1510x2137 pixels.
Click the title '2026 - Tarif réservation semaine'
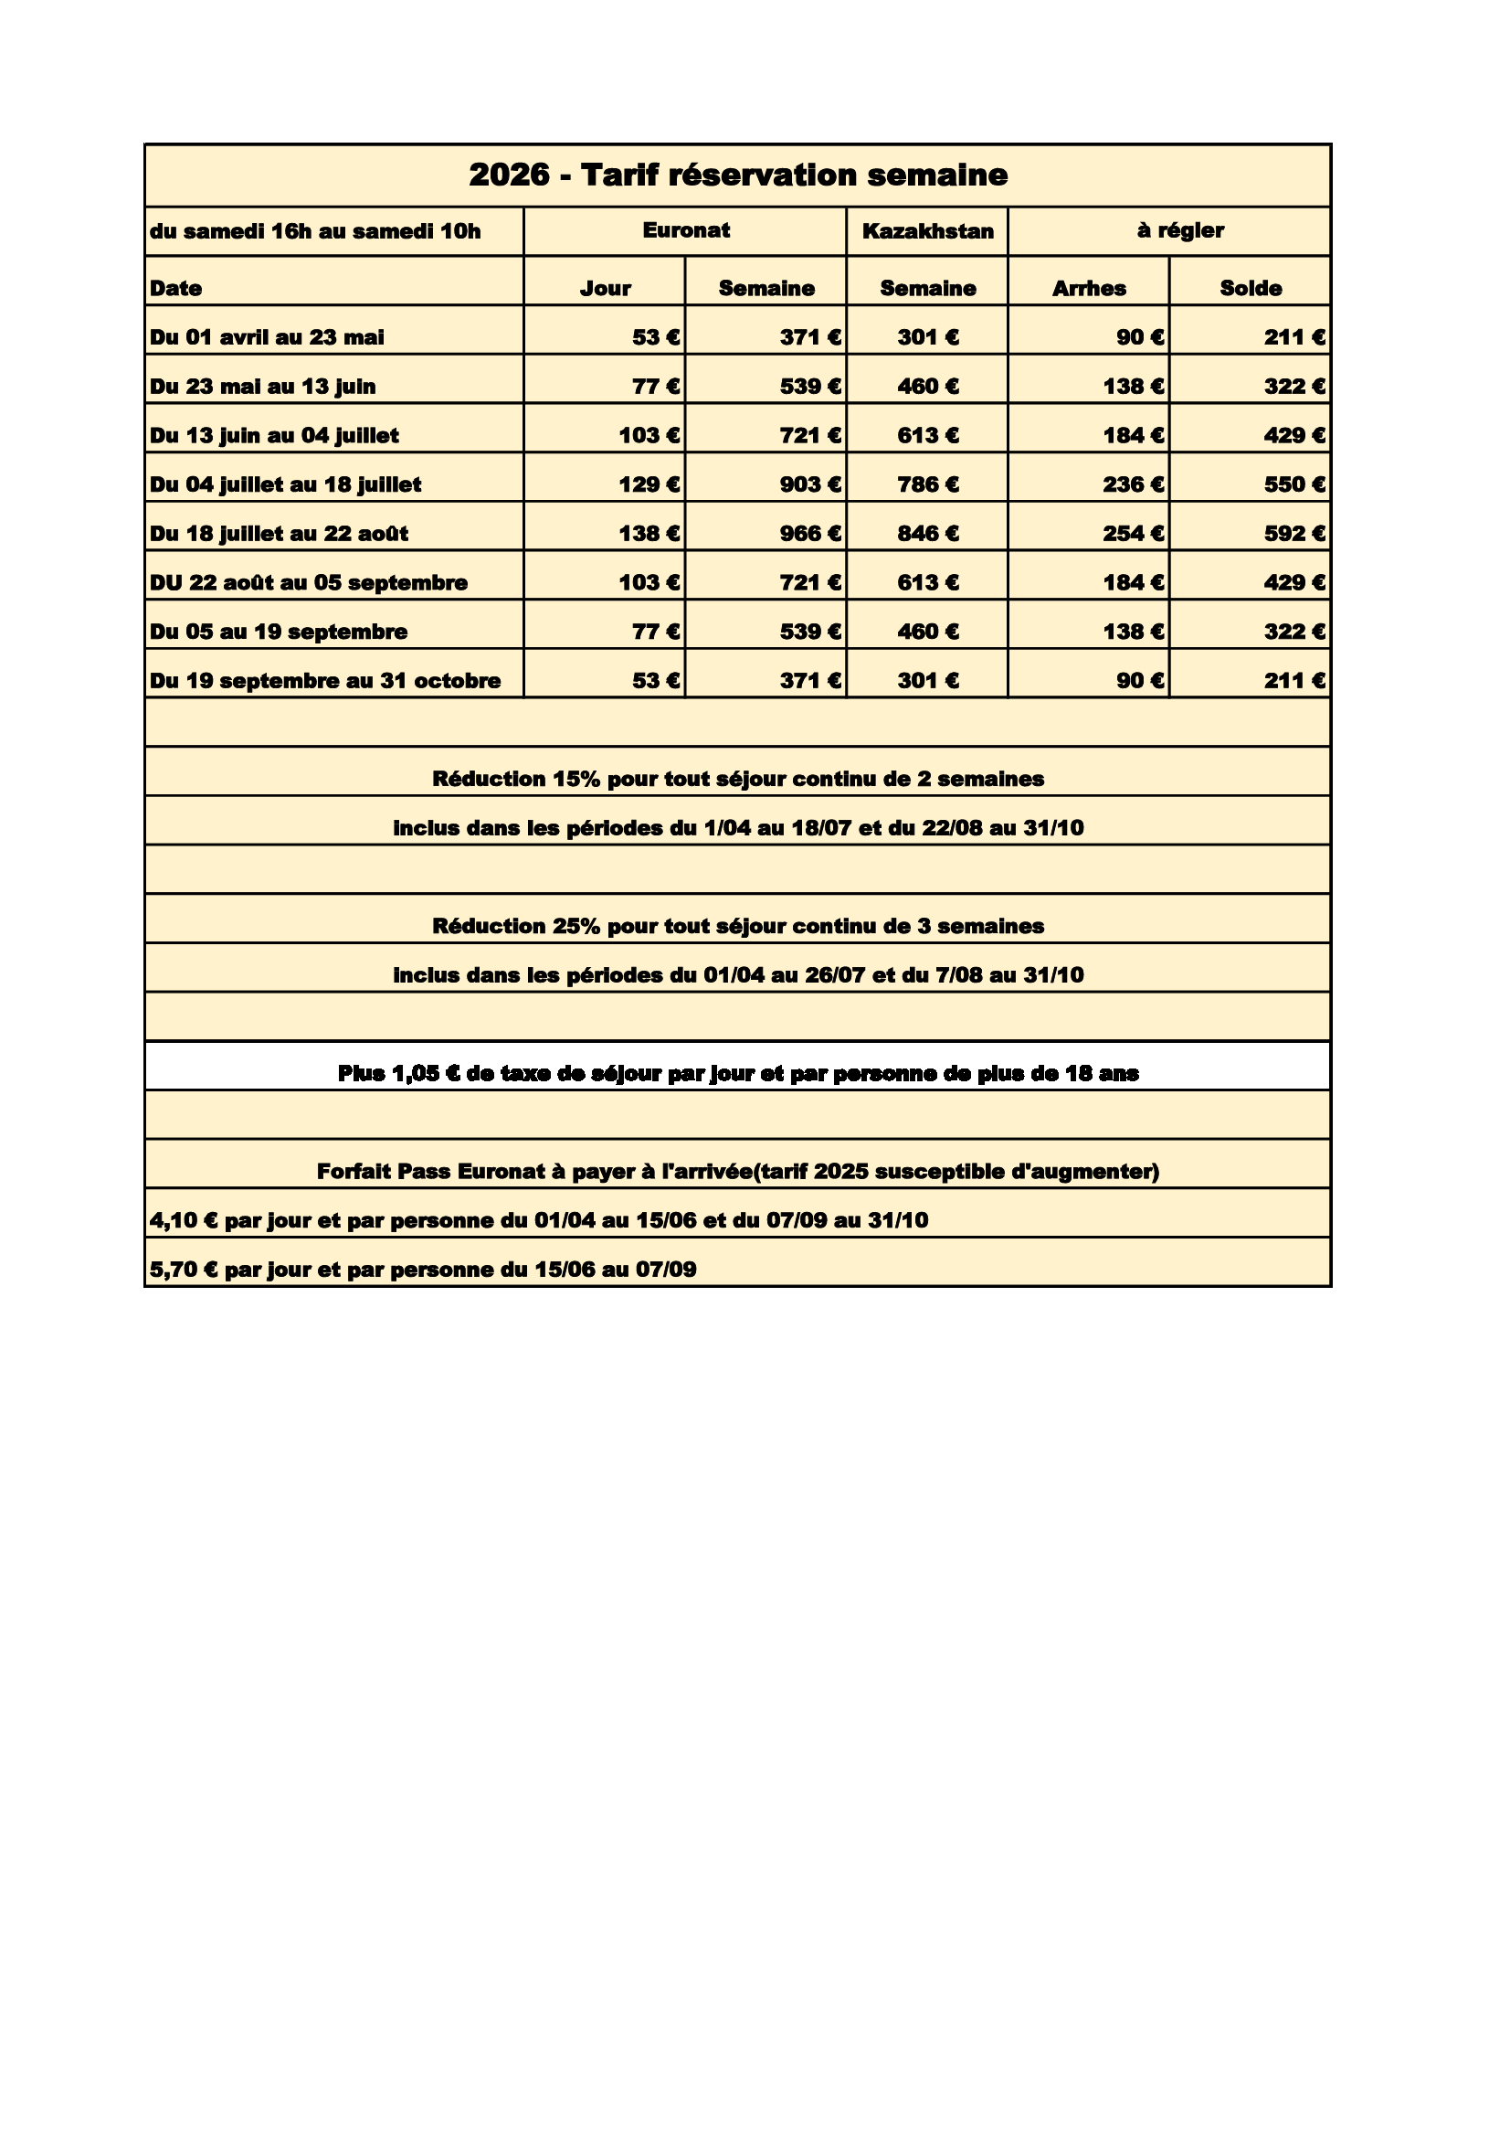point(738,175)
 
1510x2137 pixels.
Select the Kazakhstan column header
point(927,231)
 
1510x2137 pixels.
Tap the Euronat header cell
point(686,231)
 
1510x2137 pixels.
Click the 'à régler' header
point(1179,231)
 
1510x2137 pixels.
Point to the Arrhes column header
point(1089,289)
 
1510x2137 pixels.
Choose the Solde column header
point(1251,289)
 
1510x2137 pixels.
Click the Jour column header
point(605,289)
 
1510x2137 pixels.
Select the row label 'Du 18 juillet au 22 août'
point(280,534)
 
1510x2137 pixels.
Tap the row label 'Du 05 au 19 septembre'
point(280,632)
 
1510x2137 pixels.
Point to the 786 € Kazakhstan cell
point(927,485)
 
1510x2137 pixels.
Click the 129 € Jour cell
point(649,485)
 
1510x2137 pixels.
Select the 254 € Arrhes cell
point(1134,534)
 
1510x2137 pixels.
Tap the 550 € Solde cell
point(1294,485)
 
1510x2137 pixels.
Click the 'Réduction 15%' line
point(738,779)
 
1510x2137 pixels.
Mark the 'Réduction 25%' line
point(738,926)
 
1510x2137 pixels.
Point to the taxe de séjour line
point(738,1074)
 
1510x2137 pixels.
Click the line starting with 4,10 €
point(539,1220)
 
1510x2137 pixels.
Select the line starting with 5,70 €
point(423,1270)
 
